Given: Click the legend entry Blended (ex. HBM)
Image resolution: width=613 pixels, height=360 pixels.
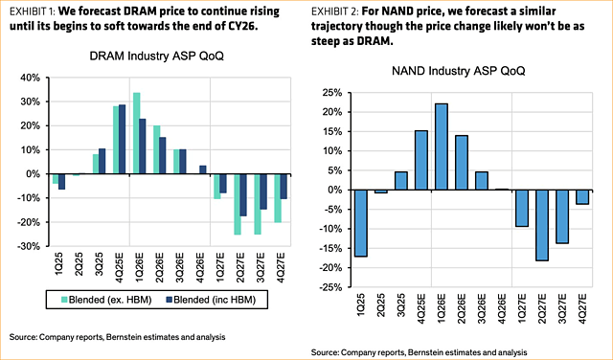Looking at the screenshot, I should (99, 300).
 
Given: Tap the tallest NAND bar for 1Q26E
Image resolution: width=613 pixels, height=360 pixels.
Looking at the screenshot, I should (442, 146).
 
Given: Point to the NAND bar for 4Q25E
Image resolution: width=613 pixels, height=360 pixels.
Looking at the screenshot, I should (420, 160).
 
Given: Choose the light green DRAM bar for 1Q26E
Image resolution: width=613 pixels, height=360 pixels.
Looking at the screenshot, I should (136, 133).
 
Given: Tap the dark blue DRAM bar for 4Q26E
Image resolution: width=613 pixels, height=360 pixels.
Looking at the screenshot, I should (202, 169).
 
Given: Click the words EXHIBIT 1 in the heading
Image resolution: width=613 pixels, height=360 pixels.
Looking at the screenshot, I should (29, 11).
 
